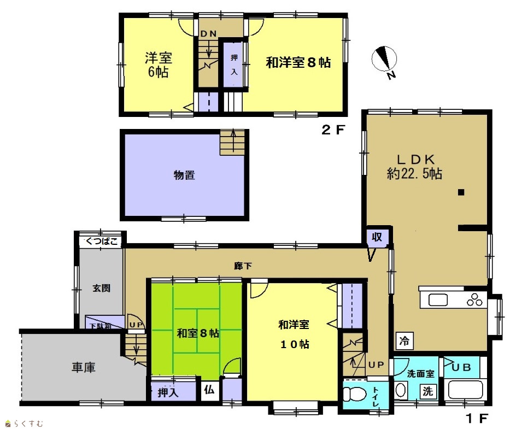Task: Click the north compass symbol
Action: (x=384, y=60)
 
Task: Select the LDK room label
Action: (x=414, y=167)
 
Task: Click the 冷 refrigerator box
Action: (x=405, y=341)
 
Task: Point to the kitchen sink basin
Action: (x=438, y=300)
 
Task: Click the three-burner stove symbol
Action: (x=474, y=299)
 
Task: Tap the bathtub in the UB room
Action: (x=465, y=389)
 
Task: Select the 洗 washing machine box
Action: (x=427, y=391)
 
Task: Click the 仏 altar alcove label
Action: (x=209, y=389)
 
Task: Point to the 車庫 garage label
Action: (x=84, y=368)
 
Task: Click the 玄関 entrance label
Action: (x=101, y=288)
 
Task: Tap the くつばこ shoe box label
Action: (x=101, y=242)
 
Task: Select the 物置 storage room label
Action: (x=184, y=175)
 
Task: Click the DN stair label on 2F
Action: (x=208, y=33)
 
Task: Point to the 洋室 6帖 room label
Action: (x=158, y=65)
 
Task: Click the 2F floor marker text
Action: (x=333, y=130)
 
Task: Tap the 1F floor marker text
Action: (x=477, y=418)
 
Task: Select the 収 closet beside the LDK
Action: (x=377, y=237)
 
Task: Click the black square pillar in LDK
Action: (x=461, y=192)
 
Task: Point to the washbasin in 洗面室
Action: (x=401, y=390)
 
